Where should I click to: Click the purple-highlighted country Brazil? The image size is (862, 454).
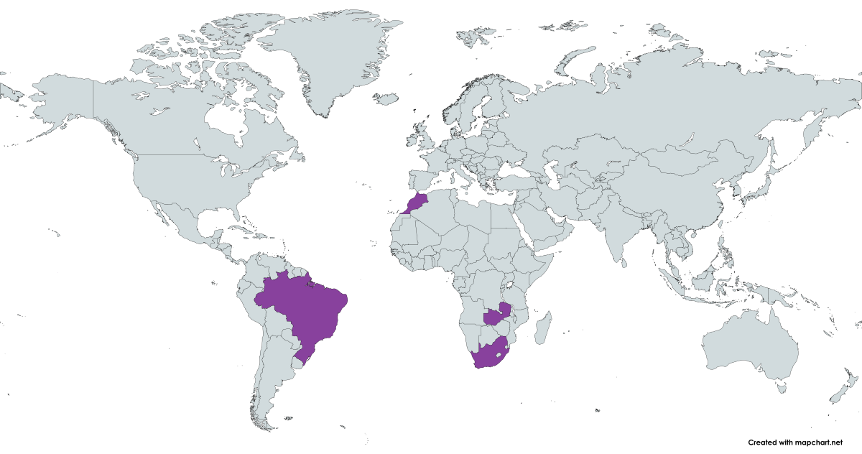pyautogui.click(x=305, y=309)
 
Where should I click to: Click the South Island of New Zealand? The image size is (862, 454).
pyautogui.click(x=835, y=394)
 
